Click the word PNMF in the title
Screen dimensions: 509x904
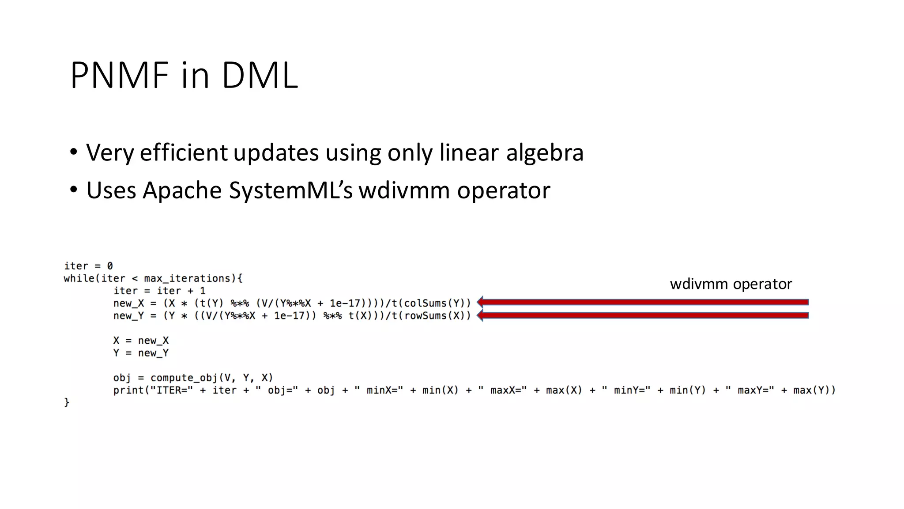tap(120, 76)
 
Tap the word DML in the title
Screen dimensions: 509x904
tap(260, 76)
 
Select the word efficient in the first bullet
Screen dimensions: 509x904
tap(184, 153)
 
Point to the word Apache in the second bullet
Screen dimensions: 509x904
tap(182, 191)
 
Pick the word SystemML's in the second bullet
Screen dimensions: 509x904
tap(290, 191)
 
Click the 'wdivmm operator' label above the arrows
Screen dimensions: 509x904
tap(731, 284)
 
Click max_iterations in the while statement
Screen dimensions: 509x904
tap(188, 278)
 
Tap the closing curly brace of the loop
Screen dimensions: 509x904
tap(67, 403)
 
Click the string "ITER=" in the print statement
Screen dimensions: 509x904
tap(172, 390)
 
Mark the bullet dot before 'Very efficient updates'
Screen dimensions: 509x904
tap(73, 152)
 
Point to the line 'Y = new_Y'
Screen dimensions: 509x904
tap(141, 353)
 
